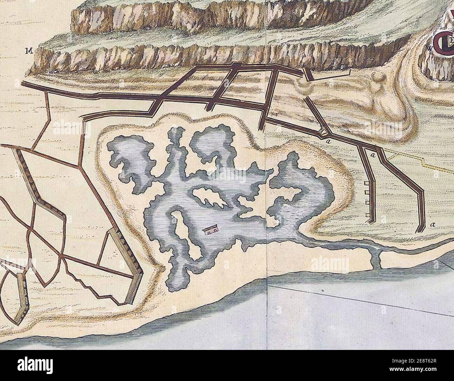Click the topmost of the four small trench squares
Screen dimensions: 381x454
tap(367, 183)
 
